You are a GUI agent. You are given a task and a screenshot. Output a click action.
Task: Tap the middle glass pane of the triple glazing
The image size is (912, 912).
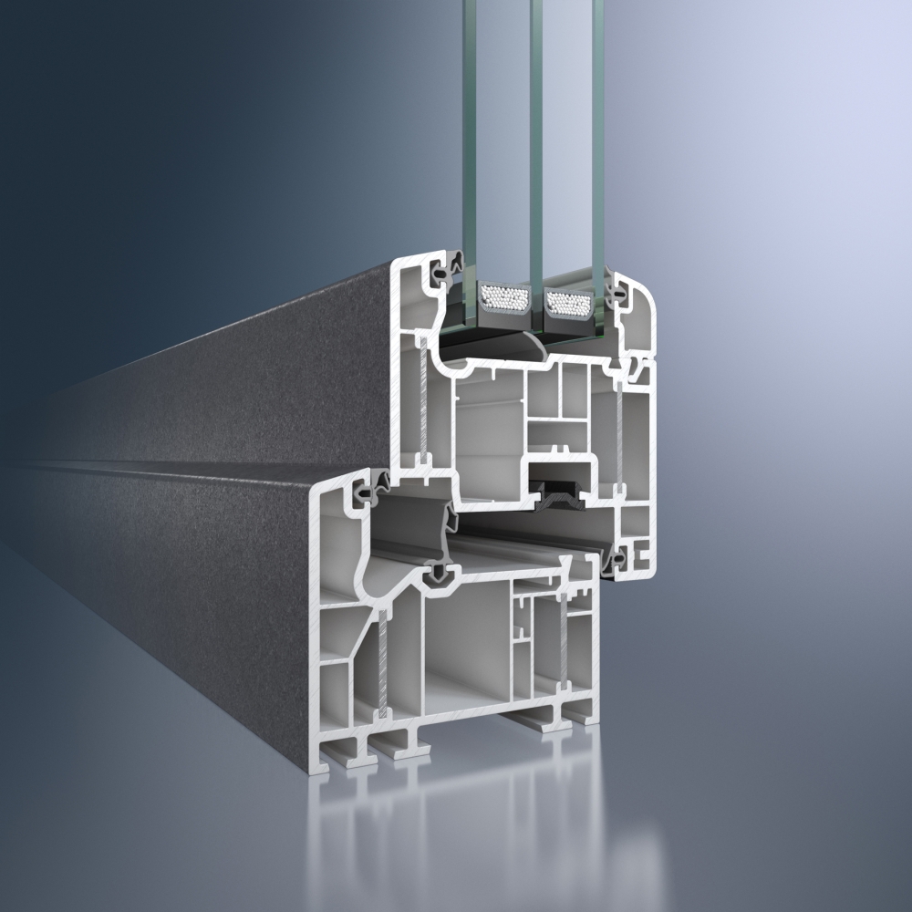[x=530, y=137]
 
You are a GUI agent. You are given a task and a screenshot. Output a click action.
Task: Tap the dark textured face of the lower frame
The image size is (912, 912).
[x=201, y=584]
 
